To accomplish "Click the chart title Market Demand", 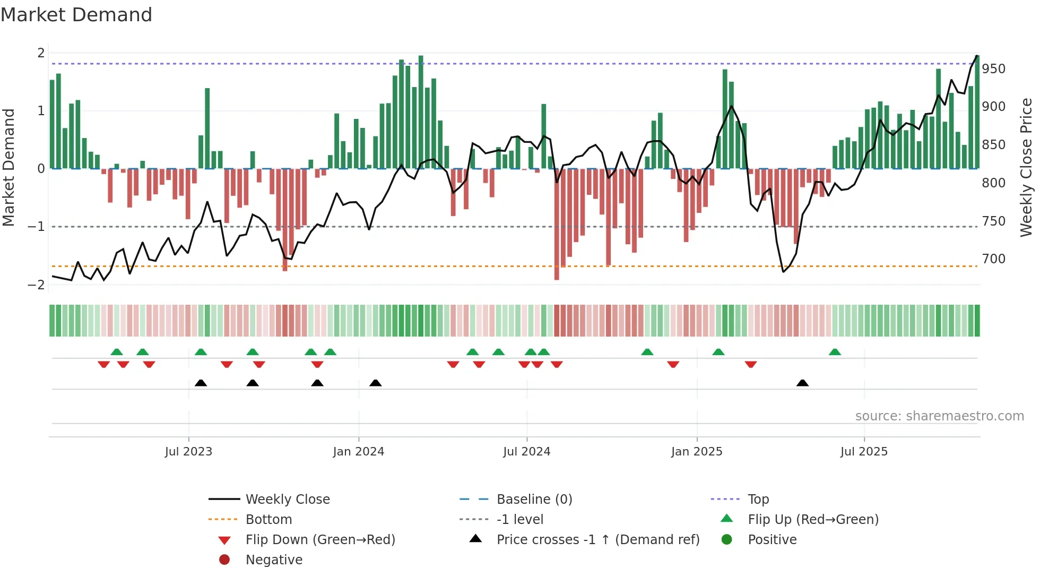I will (x=76, y=15).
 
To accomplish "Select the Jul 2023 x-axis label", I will (x=188, y=452).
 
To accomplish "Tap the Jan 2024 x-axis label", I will (x=359, y=452).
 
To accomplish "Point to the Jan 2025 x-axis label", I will (x=697, y=452).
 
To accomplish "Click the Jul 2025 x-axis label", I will (x=864, y=452).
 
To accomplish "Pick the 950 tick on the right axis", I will (x=993, y=69).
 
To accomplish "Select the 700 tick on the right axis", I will (x=993, y=259).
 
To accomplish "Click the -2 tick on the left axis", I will (x=37, y=285).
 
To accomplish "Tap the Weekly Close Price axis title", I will (x=1026, y=167).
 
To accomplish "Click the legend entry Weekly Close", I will (x=288, y=500).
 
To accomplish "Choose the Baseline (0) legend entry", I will (x=534, y=500).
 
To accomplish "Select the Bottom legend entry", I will (x=268, y=520).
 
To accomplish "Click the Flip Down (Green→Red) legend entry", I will (x=320, y=540).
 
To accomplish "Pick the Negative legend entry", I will (x=274, y=560).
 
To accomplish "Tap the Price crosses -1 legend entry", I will (x=598, y=540).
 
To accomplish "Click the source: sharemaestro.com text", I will (x=939, y=416).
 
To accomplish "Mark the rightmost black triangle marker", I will (x=802, y=383).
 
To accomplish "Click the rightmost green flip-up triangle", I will (x=835, y=352).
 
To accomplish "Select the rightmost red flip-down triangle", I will (x=750, y=364).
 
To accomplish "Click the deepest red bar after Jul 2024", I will (x=557, y=255).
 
